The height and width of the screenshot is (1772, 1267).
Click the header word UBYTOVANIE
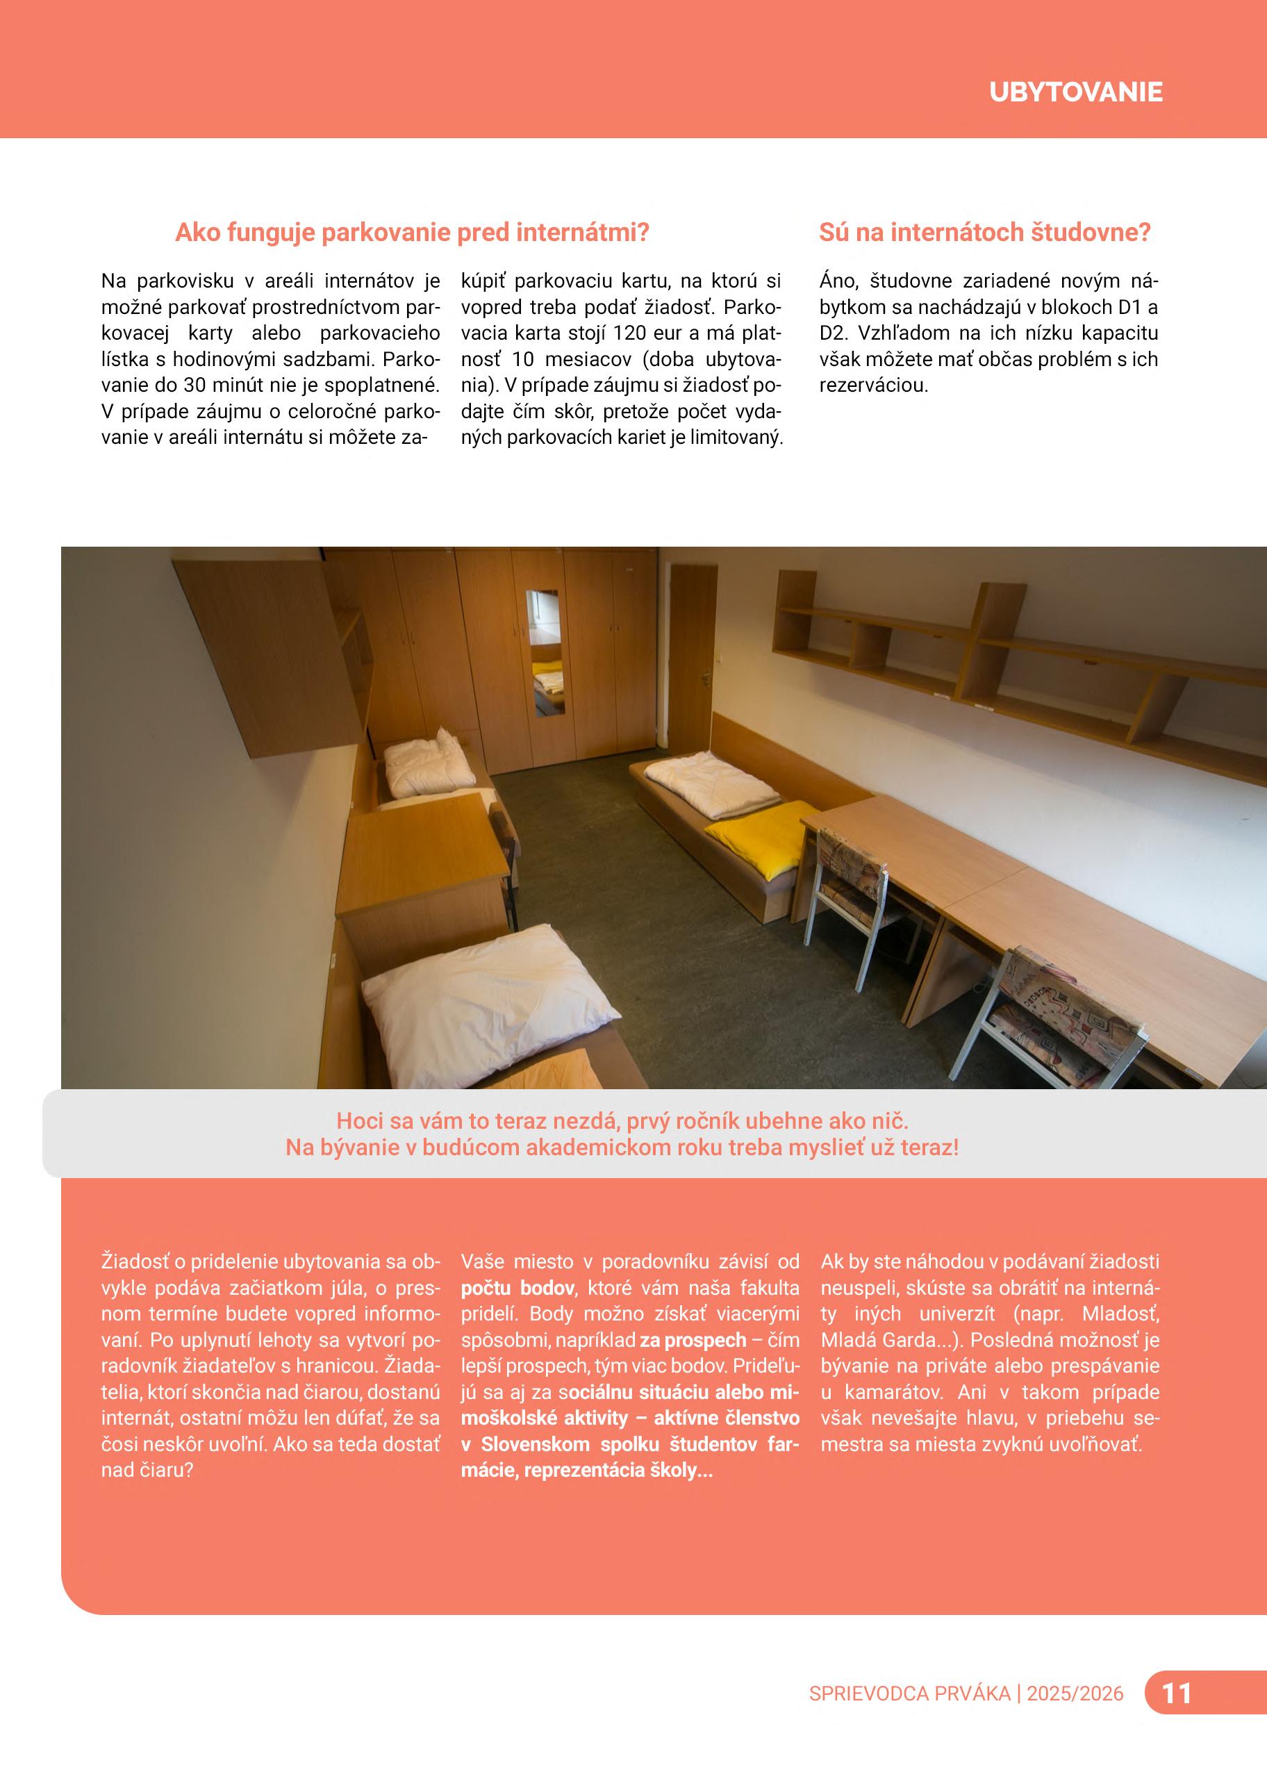(1075, 92)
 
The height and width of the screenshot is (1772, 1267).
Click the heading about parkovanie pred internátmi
(412, 233)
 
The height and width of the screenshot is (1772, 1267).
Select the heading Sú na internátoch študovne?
(984, 233)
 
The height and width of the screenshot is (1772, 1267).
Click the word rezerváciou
(874, 386)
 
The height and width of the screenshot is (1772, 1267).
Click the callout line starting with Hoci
(622, 1121)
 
